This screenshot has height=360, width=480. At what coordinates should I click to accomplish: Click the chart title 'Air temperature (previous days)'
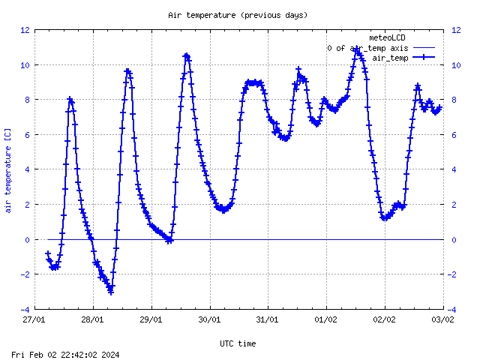pos(238,15)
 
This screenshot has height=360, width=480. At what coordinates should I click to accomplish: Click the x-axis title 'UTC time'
pos(238,343)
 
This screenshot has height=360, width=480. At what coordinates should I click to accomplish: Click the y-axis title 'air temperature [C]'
pos(7,169)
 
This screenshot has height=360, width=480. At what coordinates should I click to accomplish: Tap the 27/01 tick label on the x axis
pos(34,319)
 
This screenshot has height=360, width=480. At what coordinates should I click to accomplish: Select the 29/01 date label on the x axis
pos(151,319)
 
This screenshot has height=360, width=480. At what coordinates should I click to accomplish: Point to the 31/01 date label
pos(268,319)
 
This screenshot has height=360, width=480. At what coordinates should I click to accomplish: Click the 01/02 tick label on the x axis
pos(326,319)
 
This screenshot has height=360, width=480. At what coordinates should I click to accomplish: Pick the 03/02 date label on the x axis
pos(442,319)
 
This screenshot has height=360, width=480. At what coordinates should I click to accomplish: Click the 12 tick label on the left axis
pos(25,30)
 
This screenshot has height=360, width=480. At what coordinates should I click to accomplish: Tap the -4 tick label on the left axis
pos(25,309)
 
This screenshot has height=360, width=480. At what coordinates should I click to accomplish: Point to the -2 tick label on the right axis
pos(455,274)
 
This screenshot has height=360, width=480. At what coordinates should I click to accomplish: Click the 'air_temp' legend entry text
pos(390,58)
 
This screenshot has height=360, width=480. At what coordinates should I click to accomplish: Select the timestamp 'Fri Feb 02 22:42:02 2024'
pos(66,354)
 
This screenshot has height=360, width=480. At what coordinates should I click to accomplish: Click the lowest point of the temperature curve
pos(110,291)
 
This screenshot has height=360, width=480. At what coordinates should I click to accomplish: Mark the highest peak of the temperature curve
pos(358,51)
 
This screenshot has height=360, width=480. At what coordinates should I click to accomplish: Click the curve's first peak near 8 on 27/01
pos(70,99)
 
